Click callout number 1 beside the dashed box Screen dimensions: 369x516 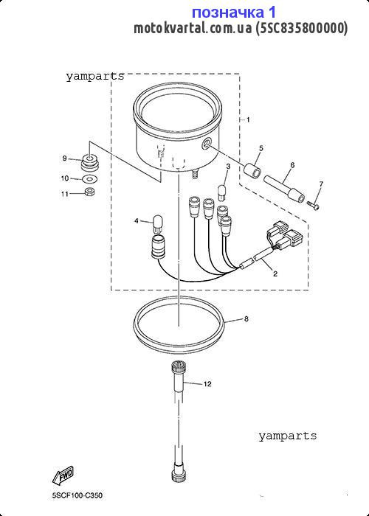pyautogui.click(x=248, y=119)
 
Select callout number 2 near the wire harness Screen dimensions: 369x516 pyautogui.click(x=275, y=273)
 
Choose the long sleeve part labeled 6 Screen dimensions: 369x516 pyautogui.click(x=284, y=189)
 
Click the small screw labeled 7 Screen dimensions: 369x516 pyautogui.click(x=313, y=205)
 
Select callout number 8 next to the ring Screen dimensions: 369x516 pyautogui.click(x=246, y=319)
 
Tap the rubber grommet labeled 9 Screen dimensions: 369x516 pyautogui.click(x=89, y=161)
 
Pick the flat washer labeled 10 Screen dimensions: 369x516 pyautogui.click(x=88, y=179)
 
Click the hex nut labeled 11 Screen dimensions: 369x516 pyautogui.click(x=89, y=192)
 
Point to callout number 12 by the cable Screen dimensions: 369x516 pyautogui.click(x=207, y=384)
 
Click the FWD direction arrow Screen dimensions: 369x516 pyautogui.click(x=63, y=475)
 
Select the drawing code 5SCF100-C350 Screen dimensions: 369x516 pyautogui.click(x=77, y=495)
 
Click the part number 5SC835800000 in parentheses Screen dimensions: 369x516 pyautogui.click(x=301, y=28)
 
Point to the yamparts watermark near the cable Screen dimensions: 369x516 pyautogui.click(x=287, y=436)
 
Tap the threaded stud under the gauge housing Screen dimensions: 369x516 pyautogui.click(x=194, y=173)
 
